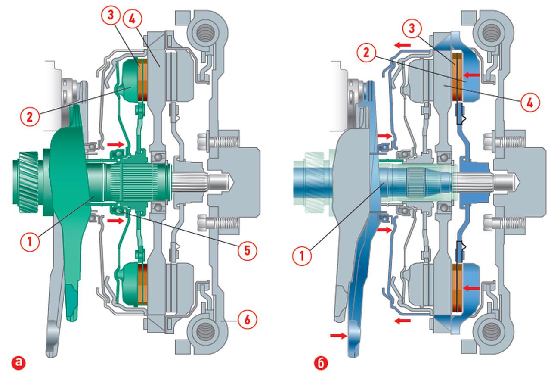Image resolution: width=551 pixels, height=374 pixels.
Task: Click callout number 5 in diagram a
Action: tap(247, 250)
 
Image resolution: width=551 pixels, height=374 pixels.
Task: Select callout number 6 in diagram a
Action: tap(247, 319)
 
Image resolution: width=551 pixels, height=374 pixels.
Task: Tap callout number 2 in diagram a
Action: tap(30, 117)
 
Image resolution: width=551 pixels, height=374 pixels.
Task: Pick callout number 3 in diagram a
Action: tap(111, 15)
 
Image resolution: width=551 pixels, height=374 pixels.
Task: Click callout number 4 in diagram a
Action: tap(132, 19)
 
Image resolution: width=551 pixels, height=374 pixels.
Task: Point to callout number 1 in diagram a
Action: tap(30, 241)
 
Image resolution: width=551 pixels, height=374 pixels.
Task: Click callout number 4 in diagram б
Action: tap(530, 102)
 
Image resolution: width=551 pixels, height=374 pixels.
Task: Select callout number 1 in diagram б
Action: tap(302, 256)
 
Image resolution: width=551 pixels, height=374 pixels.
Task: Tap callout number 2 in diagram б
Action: tap(366, 53)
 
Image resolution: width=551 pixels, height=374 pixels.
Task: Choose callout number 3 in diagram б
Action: tap(412, 28)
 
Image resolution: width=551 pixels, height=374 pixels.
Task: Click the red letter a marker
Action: tap(19, 363)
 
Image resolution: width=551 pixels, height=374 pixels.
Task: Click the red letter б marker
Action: tap(321, 363)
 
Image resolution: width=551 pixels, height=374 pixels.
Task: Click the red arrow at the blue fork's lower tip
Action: tap(338, 335)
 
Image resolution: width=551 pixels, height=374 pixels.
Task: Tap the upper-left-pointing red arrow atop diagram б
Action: tap(402, 45)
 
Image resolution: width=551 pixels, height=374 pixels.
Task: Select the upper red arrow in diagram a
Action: tap(115, 144)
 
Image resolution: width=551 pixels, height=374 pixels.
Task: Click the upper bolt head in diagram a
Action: tap(203, 141)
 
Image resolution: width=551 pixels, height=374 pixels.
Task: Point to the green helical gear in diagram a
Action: tap(25, 182)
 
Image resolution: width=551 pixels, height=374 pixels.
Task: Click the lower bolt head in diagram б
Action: tap(489, 223)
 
